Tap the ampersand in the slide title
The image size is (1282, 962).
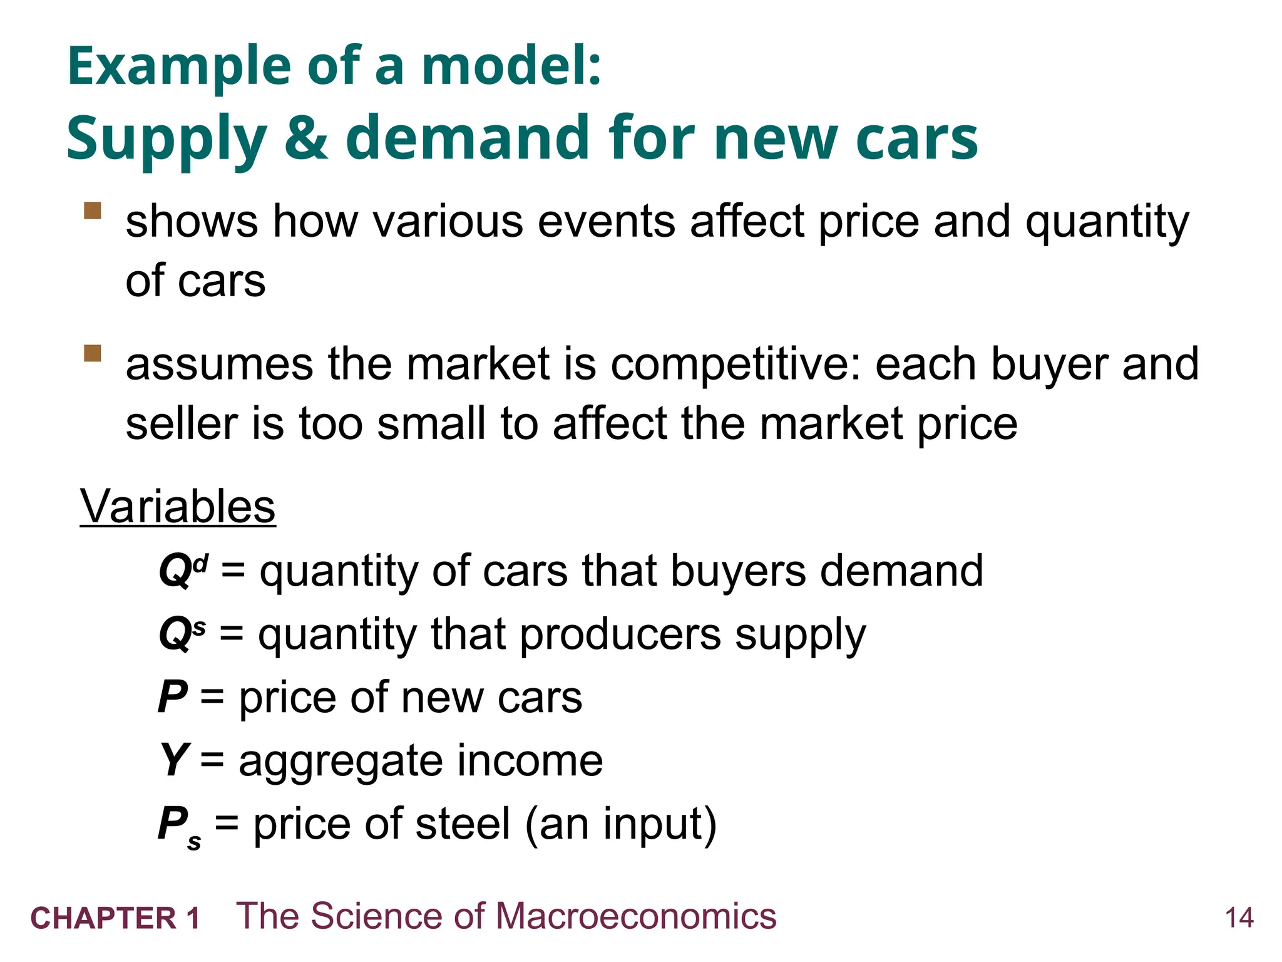pos(306,138)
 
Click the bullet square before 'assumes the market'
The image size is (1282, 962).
pos(93,353)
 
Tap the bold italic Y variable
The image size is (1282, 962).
pos(173,760)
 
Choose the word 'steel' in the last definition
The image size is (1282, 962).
pos(463,824)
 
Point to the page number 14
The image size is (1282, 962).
pos(1239,918)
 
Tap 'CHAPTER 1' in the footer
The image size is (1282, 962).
pos(115,919)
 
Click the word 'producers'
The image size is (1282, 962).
pos(620,634)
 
